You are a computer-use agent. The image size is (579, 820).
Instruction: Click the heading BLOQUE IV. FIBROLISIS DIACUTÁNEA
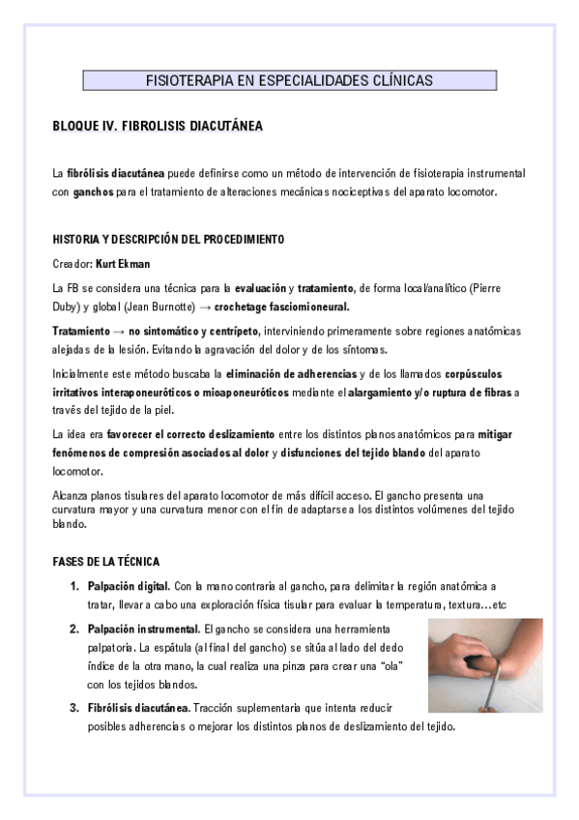[157, 127]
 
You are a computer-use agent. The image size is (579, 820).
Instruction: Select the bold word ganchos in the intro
[93, 192]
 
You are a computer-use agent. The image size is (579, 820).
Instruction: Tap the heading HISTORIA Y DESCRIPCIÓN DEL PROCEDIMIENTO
[167, 238]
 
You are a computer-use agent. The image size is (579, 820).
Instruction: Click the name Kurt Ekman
[123, 263]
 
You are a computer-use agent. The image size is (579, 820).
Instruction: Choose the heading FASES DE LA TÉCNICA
[106, 561]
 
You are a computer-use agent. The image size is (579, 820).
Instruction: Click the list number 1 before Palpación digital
[74, 586]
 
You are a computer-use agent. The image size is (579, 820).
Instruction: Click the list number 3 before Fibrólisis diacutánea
[74, 707]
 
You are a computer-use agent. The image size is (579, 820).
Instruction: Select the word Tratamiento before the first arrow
[80, 331]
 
